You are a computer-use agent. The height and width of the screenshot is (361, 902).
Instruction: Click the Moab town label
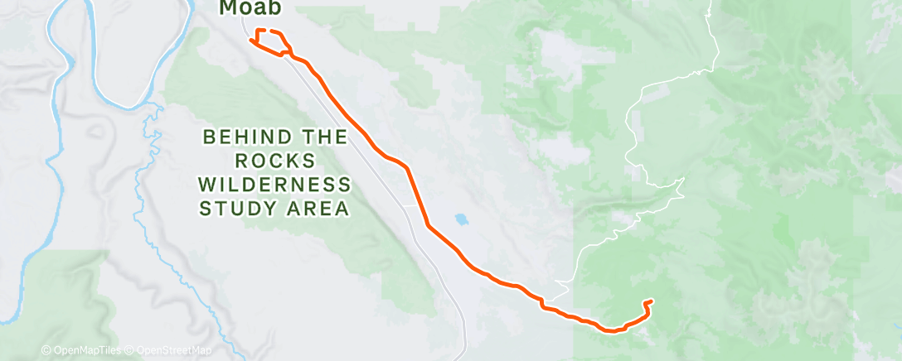pos(250,8)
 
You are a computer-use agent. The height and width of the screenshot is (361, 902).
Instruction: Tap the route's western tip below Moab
pos(250,40)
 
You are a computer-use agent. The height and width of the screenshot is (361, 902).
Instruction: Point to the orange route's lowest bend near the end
pos(612,330)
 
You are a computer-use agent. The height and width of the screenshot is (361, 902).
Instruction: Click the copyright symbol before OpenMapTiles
pos(46,351)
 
